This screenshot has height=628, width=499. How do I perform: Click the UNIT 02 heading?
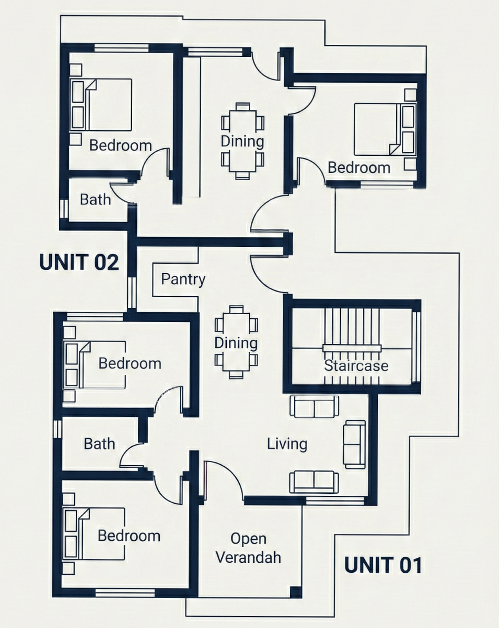pyautogui.click(x=79, y=262)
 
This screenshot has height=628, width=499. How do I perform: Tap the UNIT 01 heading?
pyautogui.click(x=383, y=565)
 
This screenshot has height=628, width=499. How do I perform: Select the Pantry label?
pyautogui.click(x=183, y=279)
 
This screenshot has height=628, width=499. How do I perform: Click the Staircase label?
pyautogui.click(x=356, y=366)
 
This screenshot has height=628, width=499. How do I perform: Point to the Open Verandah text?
pyautogui.click(x=248, y=548)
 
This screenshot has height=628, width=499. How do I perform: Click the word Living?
pyautogui.click(x=287, y=444)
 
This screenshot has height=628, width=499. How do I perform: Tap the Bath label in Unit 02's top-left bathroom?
pyautogui.click(x=95, y=199)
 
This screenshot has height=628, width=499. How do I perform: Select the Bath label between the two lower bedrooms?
pyautogui.click(x=99, y=444)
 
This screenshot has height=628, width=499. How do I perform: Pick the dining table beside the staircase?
pyautogui.click(x=236, y=342)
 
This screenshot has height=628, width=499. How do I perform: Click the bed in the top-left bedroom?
pyautogui.click(x=101, y=104)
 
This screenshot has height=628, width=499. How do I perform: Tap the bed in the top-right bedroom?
pyautogui.click(x=384, y=129)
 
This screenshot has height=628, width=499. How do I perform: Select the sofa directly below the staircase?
pyautogui.click(x=314, y=406)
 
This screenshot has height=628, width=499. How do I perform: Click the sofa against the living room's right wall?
pyautogui.click(x=354, y=444)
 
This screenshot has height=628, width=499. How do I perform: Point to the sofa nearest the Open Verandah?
pyautogui.click(x=314, y=482)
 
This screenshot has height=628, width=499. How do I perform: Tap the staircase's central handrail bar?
pyautogui.click(x=351, y=348)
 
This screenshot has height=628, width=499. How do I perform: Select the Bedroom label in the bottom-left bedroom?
pyautogui.click(x=129, y=536)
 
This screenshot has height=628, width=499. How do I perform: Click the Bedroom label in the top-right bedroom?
pyautogui.click(x=359, y=168)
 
